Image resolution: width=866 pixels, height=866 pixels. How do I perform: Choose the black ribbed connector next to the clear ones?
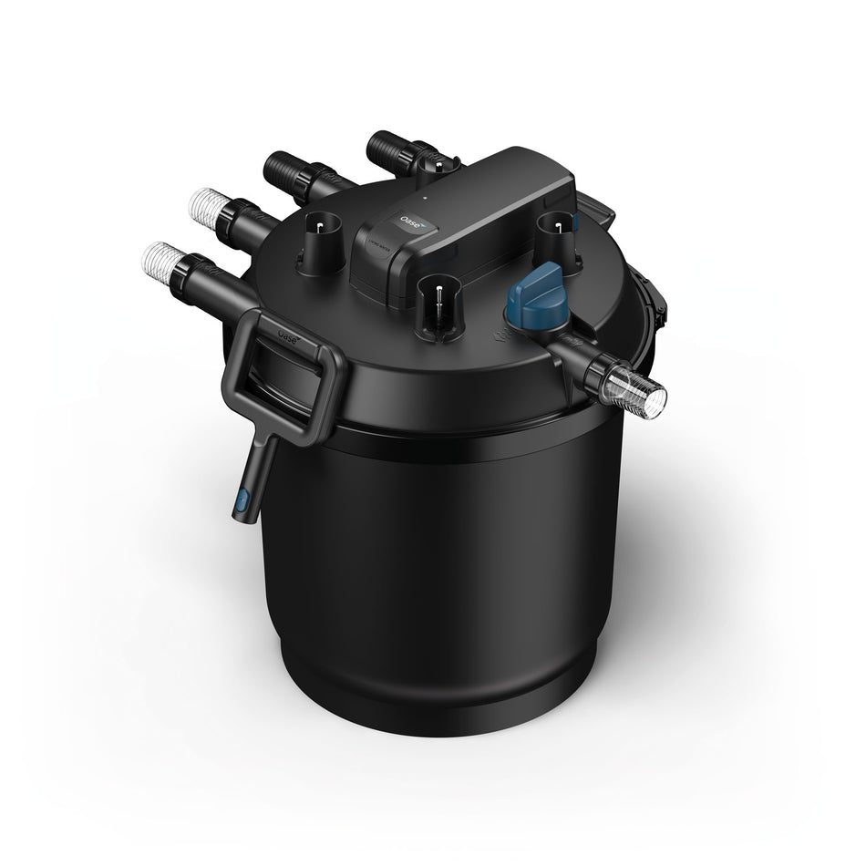[x=283, y=170]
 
